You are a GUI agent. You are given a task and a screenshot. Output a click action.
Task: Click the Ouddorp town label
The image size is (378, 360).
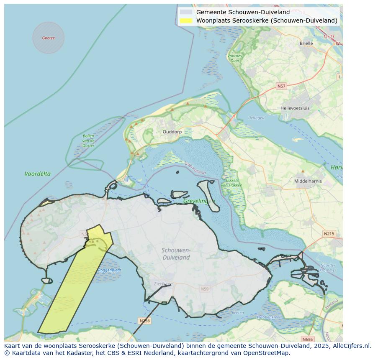coord(172,132)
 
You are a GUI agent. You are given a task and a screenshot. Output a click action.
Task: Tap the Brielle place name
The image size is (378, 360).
coord(306,43)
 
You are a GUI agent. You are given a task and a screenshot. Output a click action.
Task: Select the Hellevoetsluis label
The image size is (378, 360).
coord(295,108)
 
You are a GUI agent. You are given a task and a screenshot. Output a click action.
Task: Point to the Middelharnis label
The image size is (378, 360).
coord(308,181)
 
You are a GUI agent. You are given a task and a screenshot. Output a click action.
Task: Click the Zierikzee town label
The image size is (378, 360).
coord(163,283)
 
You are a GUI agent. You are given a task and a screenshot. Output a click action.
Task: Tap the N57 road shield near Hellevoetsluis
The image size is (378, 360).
coord(281,86)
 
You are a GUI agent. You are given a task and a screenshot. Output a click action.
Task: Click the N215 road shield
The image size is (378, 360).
coord(329,233)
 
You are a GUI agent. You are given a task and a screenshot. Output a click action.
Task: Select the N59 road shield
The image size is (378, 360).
coord(204,289)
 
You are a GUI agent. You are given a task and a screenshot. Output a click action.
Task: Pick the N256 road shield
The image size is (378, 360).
coord(144,321)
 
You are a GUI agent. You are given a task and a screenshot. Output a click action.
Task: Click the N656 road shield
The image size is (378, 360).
coord(307,339)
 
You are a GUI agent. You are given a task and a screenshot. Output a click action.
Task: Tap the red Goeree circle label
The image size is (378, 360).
coord(48,38)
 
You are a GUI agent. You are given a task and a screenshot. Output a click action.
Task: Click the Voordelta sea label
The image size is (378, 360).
coord(38,174)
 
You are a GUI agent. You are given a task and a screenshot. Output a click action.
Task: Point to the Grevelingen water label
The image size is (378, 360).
coord(199,201)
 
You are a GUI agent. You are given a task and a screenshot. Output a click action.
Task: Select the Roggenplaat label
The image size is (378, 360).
coord(110,270)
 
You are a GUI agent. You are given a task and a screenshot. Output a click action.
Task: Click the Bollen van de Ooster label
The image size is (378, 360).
coord(88,140)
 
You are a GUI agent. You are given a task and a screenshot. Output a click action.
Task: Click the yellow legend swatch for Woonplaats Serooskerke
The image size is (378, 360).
coord(186,20)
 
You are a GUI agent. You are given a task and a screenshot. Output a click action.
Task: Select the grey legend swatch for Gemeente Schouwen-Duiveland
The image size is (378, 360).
coord(186,12)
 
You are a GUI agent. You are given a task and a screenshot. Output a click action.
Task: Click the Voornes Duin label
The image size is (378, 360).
coord(235,58)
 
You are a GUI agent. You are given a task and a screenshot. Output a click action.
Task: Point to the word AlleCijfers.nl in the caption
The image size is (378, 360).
coord(350,346)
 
